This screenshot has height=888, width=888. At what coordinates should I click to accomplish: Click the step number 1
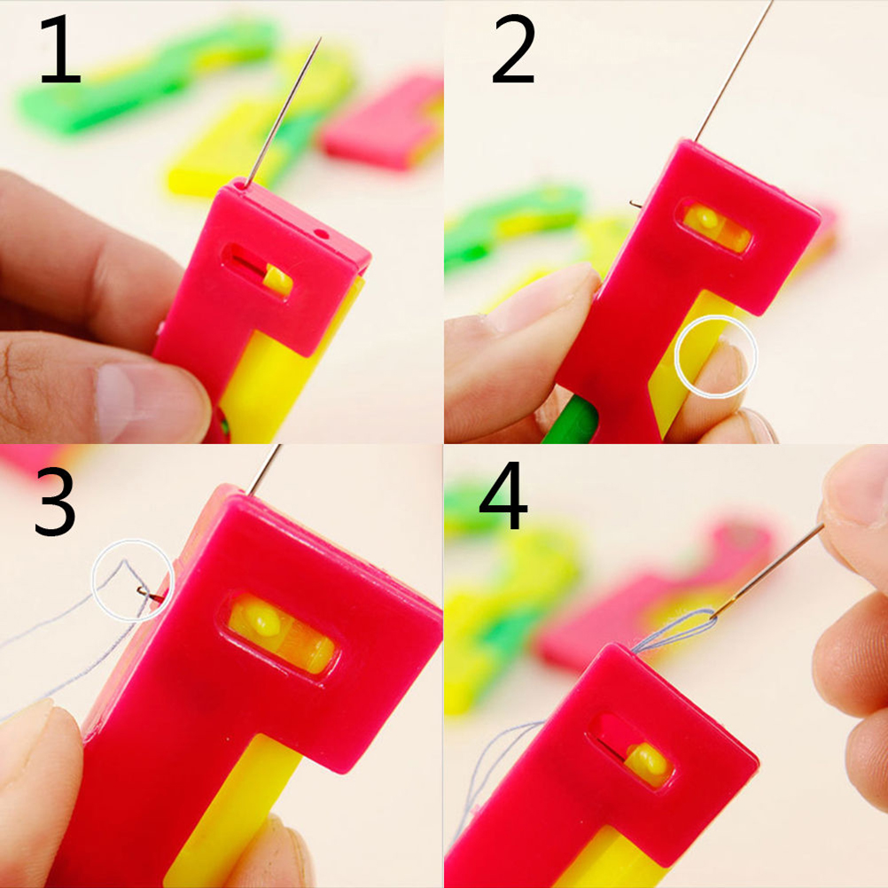click(60, 50)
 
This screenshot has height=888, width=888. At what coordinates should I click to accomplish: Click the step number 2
click(514, 50)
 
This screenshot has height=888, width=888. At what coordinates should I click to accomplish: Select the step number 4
click(502, 495)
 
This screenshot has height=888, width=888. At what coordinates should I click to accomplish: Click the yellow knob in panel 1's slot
click(278, 280)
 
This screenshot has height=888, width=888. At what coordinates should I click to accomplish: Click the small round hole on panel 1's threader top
click(322, 233)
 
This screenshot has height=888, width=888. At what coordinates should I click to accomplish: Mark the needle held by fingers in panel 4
click(767, 571)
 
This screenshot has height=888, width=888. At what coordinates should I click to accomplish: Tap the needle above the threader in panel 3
click(264, 470)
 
